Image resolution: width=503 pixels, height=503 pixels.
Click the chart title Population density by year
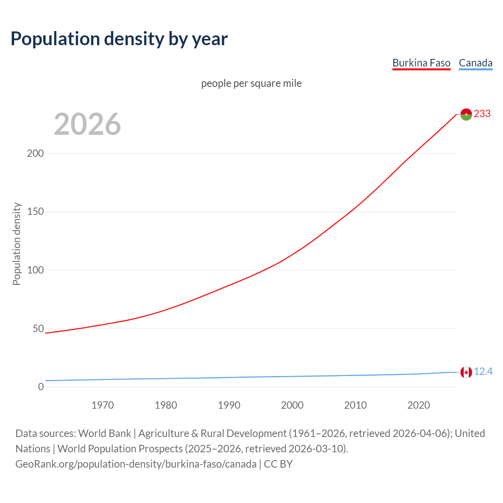(119, 39)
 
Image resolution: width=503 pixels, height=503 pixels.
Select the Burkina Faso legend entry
(421, 63)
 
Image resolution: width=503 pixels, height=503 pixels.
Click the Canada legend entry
(475, 63)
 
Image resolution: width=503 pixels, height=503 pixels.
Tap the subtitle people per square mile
(251, 84)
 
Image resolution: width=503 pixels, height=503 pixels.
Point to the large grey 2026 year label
(87, 124)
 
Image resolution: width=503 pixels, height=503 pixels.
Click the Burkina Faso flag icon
(466, 114)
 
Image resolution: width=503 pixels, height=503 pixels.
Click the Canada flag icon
(466, 372)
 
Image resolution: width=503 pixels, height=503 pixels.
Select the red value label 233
(482, 114)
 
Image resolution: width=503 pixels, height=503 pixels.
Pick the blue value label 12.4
(483, 372)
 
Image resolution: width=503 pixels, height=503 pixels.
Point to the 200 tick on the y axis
(35, 153)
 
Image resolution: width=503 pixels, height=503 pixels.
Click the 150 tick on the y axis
(35, 212)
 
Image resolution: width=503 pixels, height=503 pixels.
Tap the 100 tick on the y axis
(35, 270)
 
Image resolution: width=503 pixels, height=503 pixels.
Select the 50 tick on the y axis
(38, 329)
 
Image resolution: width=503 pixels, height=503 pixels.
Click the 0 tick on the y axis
(41, 387)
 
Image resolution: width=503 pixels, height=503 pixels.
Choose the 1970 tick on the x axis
(103, 405)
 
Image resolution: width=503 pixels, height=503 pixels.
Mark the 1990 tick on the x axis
(229, 405)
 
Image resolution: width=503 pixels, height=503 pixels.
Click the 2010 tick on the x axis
(355, 405)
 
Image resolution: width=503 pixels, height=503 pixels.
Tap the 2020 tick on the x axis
(419, 405)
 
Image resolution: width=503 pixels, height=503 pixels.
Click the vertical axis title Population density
(17, 244)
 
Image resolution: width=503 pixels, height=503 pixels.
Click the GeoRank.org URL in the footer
(136, 464)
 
